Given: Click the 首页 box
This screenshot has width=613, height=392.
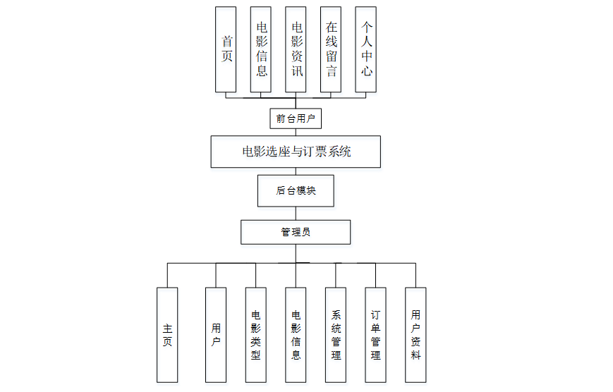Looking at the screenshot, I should (226, 49).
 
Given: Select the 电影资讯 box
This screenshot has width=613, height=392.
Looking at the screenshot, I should (296, 49).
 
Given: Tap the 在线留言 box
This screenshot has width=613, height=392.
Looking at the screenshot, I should (331, 49).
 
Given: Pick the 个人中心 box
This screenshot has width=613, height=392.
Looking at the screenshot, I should (366, 49).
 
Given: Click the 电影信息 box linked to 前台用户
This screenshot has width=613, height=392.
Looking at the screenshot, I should (261, 49).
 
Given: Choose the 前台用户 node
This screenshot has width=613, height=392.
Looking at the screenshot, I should (296, 118).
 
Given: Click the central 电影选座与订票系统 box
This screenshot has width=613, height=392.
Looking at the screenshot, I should (296, 152).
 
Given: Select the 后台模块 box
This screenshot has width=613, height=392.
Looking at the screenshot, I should (296, 190).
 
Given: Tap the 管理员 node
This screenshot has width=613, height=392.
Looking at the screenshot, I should (296, 232).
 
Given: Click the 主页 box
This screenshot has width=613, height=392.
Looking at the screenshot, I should (167, 334).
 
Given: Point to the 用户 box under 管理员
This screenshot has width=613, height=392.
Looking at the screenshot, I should (216, 334).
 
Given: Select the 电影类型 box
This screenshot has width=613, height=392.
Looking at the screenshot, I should (256, 334).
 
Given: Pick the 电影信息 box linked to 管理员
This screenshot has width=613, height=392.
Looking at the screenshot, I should (296, 334).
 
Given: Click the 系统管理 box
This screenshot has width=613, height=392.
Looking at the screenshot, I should (336, 334).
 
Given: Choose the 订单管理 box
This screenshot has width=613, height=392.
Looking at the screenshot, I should (375, 334).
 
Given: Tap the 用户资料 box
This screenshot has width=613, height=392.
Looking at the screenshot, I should (415, 334).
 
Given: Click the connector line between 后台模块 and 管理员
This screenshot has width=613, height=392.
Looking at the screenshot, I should (296, 214).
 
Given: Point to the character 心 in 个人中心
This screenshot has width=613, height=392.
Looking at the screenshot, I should (366, 71).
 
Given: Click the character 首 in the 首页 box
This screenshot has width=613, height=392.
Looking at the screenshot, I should (226, 42).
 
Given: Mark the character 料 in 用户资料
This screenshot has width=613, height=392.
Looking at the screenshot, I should (415, 355).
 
